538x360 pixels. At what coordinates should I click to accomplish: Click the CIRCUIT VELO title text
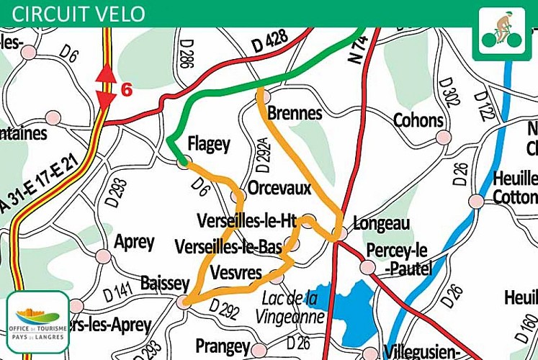(79, 14)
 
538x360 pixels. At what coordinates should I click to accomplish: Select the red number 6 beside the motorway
(127, 90)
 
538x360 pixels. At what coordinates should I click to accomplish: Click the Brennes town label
(294, 114)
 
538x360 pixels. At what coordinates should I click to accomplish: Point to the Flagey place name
(209, 144)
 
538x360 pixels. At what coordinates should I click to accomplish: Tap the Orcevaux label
(279, 188)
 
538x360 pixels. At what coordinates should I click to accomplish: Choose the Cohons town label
(418, 120)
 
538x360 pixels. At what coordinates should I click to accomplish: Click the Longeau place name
(382, 223)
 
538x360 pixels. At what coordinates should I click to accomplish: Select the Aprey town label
(134, 242)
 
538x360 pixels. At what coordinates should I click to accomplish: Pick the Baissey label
(165, 283)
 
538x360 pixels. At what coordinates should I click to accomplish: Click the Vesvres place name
(236, 272)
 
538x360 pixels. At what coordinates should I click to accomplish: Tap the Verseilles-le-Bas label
(228, 247)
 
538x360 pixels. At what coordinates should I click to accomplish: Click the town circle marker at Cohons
(444, 137)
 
